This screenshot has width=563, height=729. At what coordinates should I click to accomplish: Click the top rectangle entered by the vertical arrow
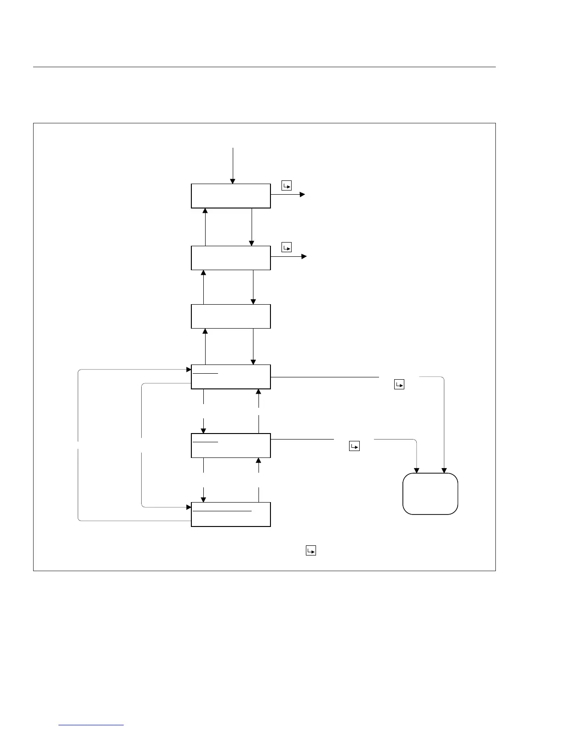[x=230, y=196]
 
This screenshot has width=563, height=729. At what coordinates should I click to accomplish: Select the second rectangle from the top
[x=230, y=258]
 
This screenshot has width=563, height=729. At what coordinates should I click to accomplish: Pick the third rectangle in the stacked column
[x=230, y=316]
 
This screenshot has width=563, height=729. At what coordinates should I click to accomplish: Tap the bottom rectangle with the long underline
[x=230, y=515]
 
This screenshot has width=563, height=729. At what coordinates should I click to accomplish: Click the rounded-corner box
[x=430, y=493]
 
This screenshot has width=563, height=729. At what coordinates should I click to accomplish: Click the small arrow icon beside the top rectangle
[x=287, y=186]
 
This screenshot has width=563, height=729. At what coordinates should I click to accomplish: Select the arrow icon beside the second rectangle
[x=287, y=248]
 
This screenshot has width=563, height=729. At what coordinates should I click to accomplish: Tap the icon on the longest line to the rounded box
[x=399, y=384]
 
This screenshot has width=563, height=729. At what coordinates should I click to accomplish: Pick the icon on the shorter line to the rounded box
[x=354, y=446]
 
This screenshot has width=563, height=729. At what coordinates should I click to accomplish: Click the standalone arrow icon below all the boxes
[x=311, y=550]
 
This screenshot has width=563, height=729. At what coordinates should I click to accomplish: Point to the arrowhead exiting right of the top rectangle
[x=302, y=195]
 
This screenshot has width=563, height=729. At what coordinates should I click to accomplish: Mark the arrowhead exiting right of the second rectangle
[x=304, y=256]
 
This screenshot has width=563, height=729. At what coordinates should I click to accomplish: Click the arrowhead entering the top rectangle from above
[x=233, y=181]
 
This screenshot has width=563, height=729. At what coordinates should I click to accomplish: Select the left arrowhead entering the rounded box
[x=417, y=470]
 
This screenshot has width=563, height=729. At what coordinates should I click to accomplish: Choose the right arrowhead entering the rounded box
[x=444, y=470]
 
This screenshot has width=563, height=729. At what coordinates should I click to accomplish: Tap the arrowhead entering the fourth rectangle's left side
[x=189, y=369]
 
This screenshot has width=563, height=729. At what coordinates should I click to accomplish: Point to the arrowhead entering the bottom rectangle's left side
[x=189, y=507]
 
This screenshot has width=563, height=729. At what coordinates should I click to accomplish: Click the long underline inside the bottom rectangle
[x=222, y=511]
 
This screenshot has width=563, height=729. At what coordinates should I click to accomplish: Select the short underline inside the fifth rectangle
[x=205, y=442]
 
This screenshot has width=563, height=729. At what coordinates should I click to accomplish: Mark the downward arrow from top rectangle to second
[x=252, y=243]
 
